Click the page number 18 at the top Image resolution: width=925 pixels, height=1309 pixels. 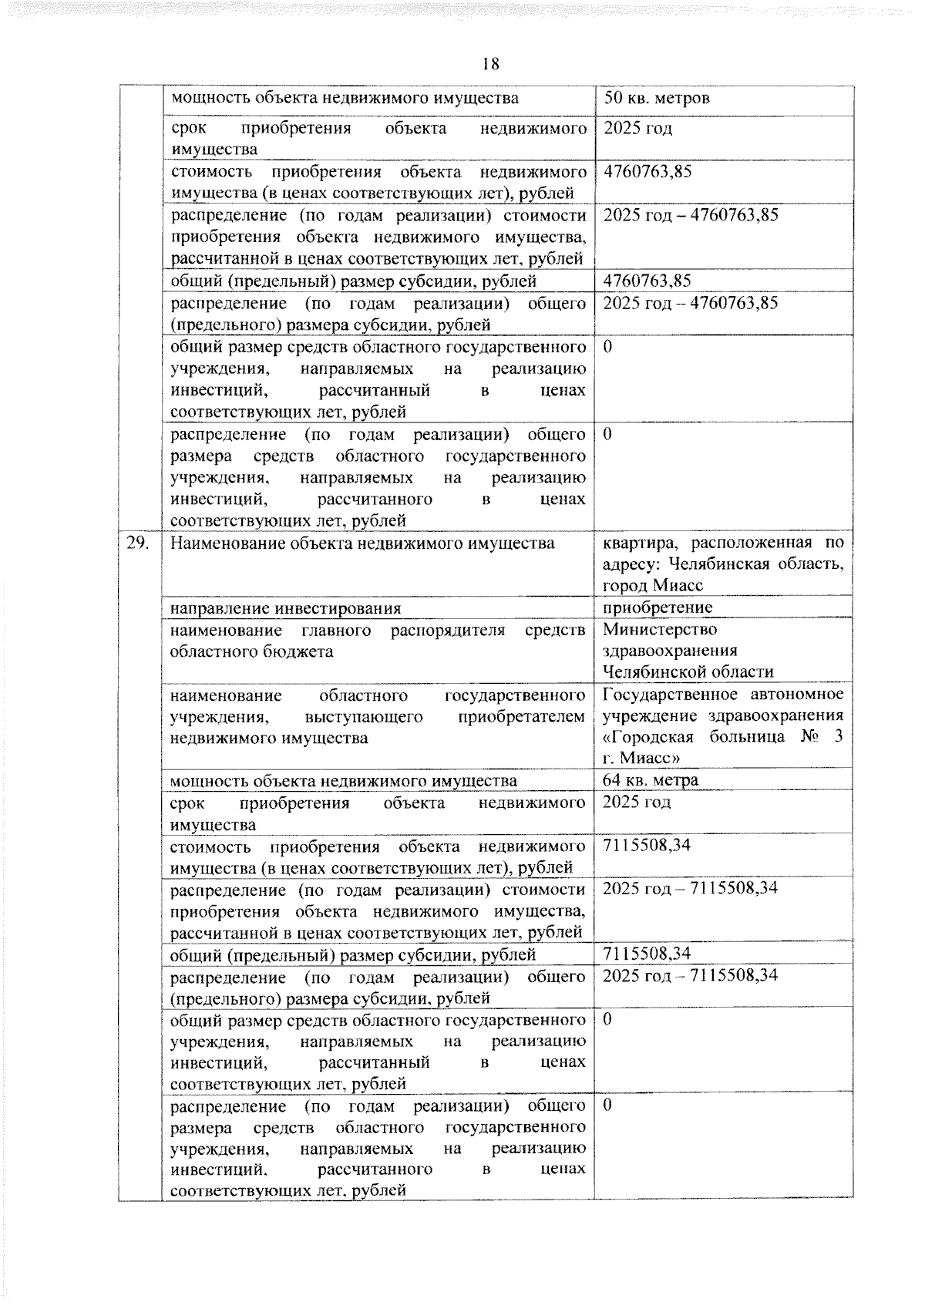(491, 64)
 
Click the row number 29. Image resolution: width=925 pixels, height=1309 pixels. (139, 543)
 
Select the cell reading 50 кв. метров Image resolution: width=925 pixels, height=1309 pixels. (657, 99)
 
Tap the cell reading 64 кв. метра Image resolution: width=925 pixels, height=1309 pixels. (651, 780)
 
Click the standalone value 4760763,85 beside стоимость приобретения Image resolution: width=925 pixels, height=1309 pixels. (647, 171)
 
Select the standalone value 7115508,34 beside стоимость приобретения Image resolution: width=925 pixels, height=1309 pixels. (647, 846)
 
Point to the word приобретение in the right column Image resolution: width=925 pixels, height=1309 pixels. (658, 608)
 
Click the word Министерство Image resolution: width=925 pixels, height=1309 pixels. (650, 631)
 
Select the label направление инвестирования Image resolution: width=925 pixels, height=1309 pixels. (285, 608)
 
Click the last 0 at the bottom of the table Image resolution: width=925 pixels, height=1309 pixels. (607, 1106)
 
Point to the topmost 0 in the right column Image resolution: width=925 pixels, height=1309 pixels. (607, 347)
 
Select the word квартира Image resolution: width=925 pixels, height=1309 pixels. (638, 543)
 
